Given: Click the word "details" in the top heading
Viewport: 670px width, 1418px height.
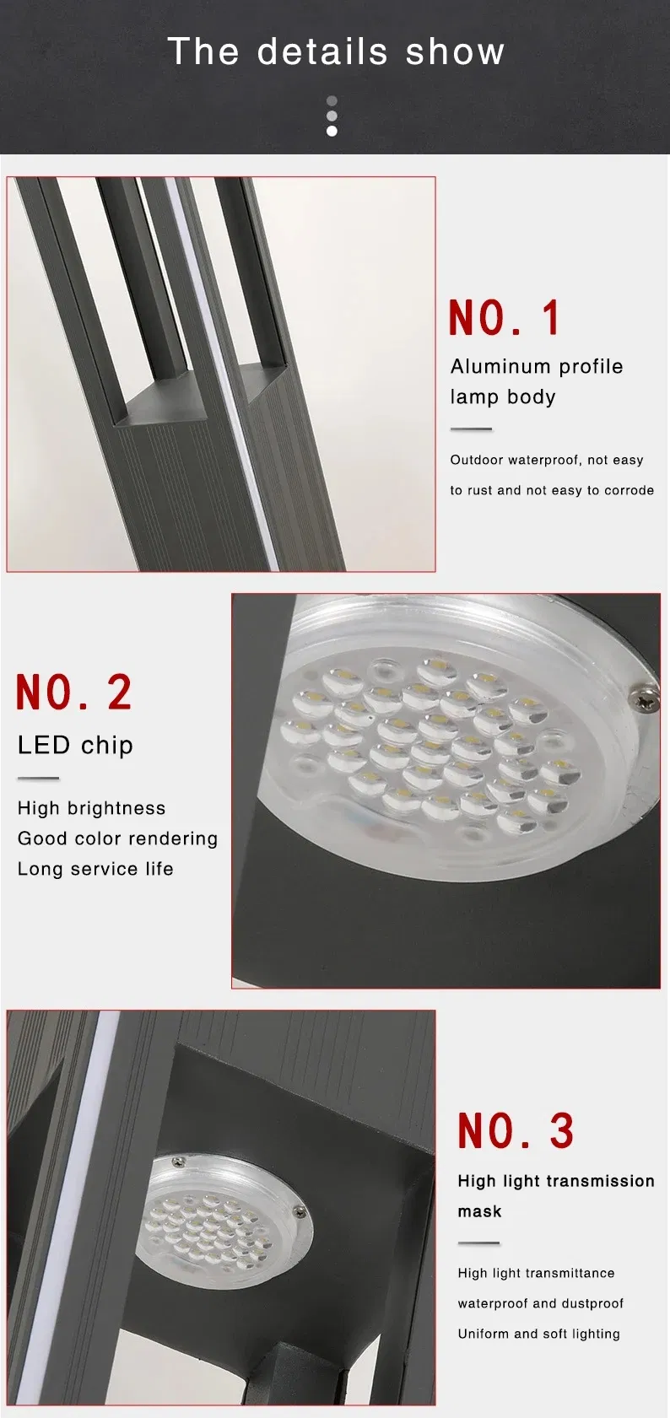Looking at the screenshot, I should click(x=322, y=51).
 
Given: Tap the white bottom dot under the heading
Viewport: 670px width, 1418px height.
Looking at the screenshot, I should click(x=332, y=131).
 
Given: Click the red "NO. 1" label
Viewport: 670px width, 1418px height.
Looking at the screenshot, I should click(x=505, y=318).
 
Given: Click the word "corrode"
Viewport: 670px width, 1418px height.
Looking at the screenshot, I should click(x=629, y=490).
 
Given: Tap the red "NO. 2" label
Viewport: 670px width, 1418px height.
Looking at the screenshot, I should click(x=74, y=693).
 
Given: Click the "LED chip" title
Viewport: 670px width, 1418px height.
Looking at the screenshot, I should click(x=75, y=745).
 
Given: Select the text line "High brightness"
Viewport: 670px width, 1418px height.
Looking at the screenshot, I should click(x=91, y=808).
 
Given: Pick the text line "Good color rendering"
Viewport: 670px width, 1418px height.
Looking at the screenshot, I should click(x=117, y=838).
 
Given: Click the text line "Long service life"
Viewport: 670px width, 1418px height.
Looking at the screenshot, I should click(x=95, y=869).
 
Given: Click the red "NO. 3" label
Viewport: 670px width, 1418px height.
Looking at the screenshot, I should click(x=516, y=1131).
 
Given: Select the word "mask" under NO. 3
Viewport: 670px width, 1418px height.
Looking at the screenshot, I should click(x=479, y=1211).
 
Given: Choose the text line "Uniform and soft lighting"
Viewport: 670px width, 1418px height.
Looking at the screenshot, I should click(x=538, y=1334).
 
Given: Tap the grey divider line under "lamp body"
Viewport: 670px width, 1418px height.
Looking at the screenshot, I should click(x=471, y=429).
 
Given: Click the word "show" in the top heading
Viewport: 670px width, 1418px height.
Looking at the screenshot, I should click(x=455, y=51).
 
